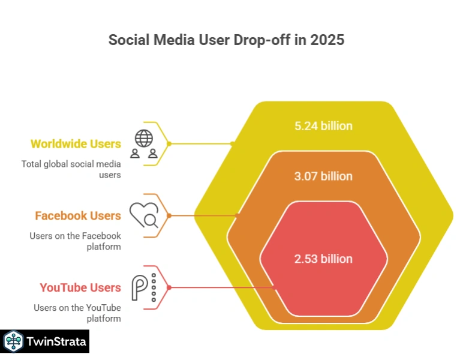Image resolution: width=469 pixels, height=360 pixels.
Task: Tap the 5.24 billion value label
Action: pos(323,126)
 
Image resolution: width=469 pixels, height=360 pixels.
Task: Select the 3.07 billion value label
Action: pos(323,176)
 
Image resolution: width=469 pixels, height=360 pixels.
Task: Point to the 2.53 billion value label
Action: pos(323,259)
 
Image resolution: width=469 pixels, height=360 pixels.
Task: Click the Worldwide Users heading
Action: pos(76,144)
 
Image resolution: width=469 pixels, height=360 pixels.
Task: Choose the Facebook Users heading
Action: pos(78,216)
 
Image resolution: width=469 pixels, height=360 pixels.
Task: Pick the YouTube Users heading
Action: pos(80,288)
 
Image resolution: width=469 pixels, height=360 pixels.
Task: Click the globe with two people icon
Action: pos(144,144)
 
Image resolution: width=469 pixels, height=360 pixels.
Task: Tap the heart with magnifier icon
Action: pos(144,215)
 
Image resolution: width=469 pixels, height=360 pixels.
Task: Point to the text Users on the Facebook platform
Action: pos(75,241)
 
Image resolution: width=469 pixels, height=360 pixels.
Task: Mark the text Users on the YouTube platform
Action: pos(77,313)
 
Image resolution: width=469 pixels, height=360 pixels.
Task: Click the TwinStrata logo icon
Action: pos(13,342)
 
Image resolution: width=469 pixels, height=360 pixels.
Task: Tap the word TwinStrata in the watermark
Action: pos(56,342)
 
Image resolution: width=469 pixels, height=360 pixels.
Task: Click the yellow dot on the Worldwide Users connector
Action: pos(169,144)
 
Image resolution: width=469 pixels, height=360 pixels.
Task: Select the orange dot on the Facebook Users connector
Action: pos(169,215)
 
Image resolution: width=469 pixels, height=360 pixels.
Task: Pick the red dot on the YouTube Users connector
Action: pos(169,287)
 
